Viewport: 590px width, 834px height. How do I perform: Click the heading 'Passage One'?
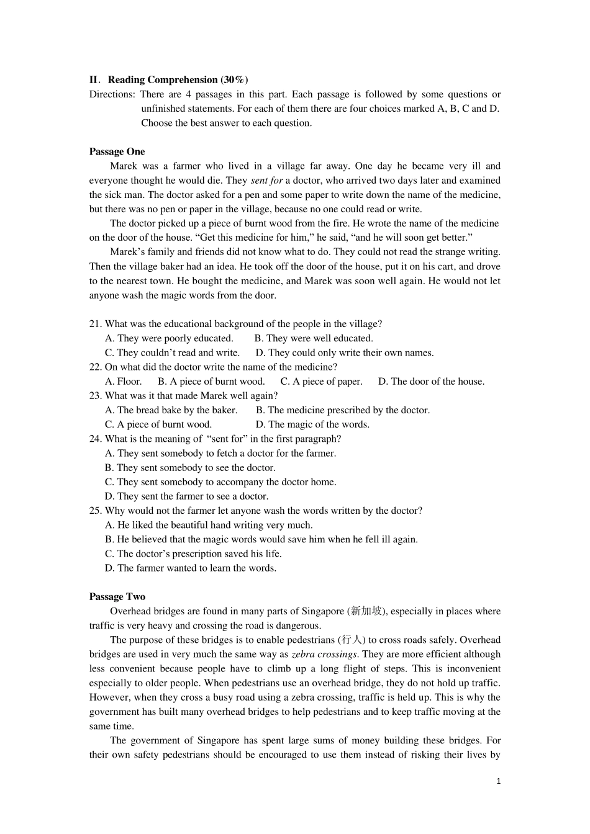117,151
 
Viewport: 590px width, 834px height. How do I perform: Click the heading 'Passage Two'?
117,596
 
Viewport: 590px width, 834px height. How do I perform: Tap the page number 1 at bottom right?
498,781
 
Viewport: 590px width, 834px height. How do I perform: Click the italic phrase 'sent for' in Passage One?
266,181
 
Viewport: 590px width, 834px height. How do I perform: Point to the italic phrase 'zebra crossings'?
324,654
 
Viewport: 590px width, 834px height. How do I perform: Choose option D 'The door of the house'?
431,382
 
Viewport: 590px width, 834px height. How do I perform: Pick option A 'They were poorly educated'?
169,338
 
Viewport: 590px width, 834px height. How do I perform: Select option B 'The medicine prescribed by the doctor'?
342,410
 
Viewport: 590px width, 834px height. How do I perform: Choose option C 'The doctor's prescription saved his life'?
193,554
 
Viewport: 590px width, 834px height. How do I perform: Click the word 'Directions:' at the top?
112,94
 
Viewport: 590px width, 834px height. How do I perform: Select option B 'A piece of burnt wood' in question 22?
211,382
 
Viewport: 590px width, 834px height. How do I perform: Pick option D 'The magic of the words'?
312,424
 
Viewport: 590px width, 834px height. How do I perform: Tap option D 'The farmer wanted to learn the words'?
191,568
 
